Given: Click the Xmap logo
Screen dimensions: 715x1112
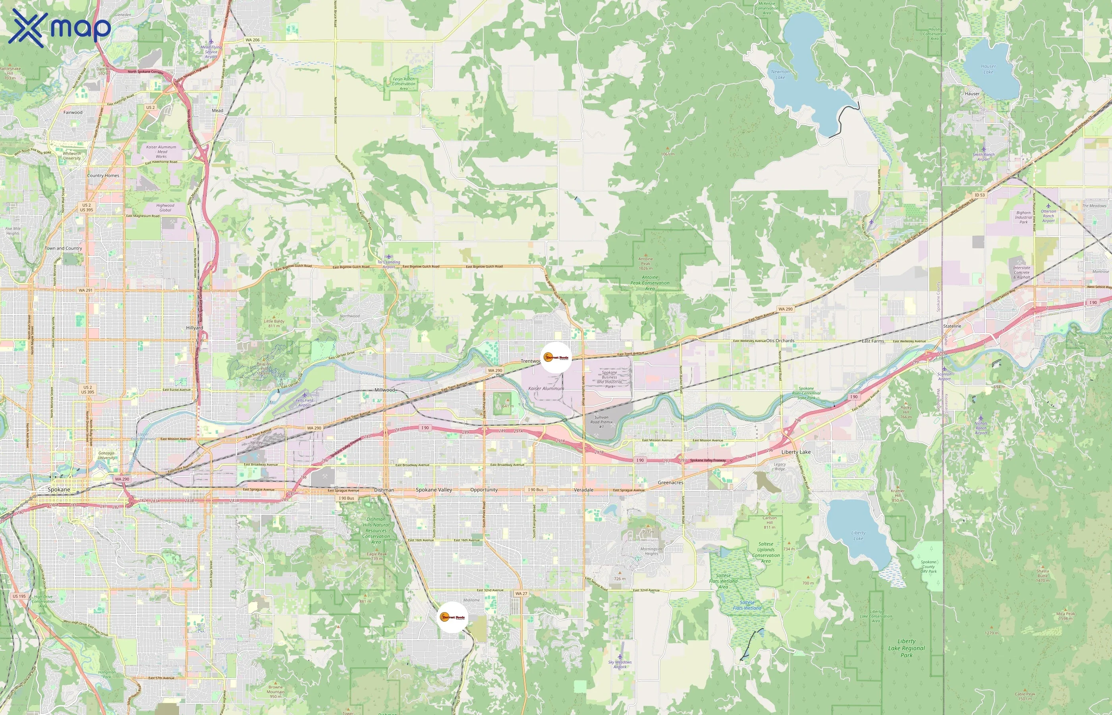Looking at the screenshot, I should [x=60, y=28].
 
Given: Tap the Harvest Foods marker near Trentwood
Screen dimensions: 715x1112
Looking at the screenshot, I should [x=556, y=357].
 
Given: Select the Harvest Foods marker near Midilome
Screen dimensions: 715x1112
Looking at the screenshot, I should [x=453, y=617].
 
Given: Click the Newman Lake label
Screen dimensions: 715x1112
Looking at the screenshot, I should [x=780, y=74].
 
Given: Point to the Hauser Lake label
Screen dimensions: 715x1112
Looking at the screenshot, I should [x=988, y=69].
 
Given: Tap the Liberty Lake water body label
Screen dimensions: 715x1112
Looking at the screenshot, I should [x=858, y=536].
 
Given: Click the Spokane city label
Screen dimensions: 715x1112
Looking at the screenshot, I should [x=59, y=490].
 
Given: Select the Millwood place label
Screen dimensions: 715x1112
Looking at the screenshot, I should [x=385, y=390].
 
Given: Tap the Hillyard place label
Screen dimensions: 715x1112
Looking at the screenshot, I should [x=195, y=328].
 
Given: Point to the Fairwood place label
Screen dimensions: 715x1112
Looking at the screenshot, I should [x=73, y=112].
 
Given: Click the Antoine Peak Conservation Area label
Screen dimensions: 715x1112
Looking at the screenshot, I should [x=650, y=283].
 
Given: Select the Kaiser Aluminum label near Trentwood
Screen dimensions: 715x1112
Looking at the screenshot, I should [x=546, y=388].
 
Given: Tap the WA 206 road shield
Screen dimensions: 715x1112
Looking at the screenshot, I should [x=253, y=40].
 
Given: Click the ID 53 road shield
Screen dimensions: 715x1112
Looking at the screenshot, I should [x=979, y=195].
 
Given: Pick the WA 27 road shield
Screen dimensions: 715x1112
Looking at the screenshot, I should [x=521, y=593].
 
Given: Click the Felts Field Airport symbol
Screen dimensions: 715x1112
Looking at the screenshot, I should [x=305, y=395].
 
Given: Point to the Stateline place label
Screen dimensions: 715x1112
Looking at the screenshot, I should [x=952, y=327].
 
